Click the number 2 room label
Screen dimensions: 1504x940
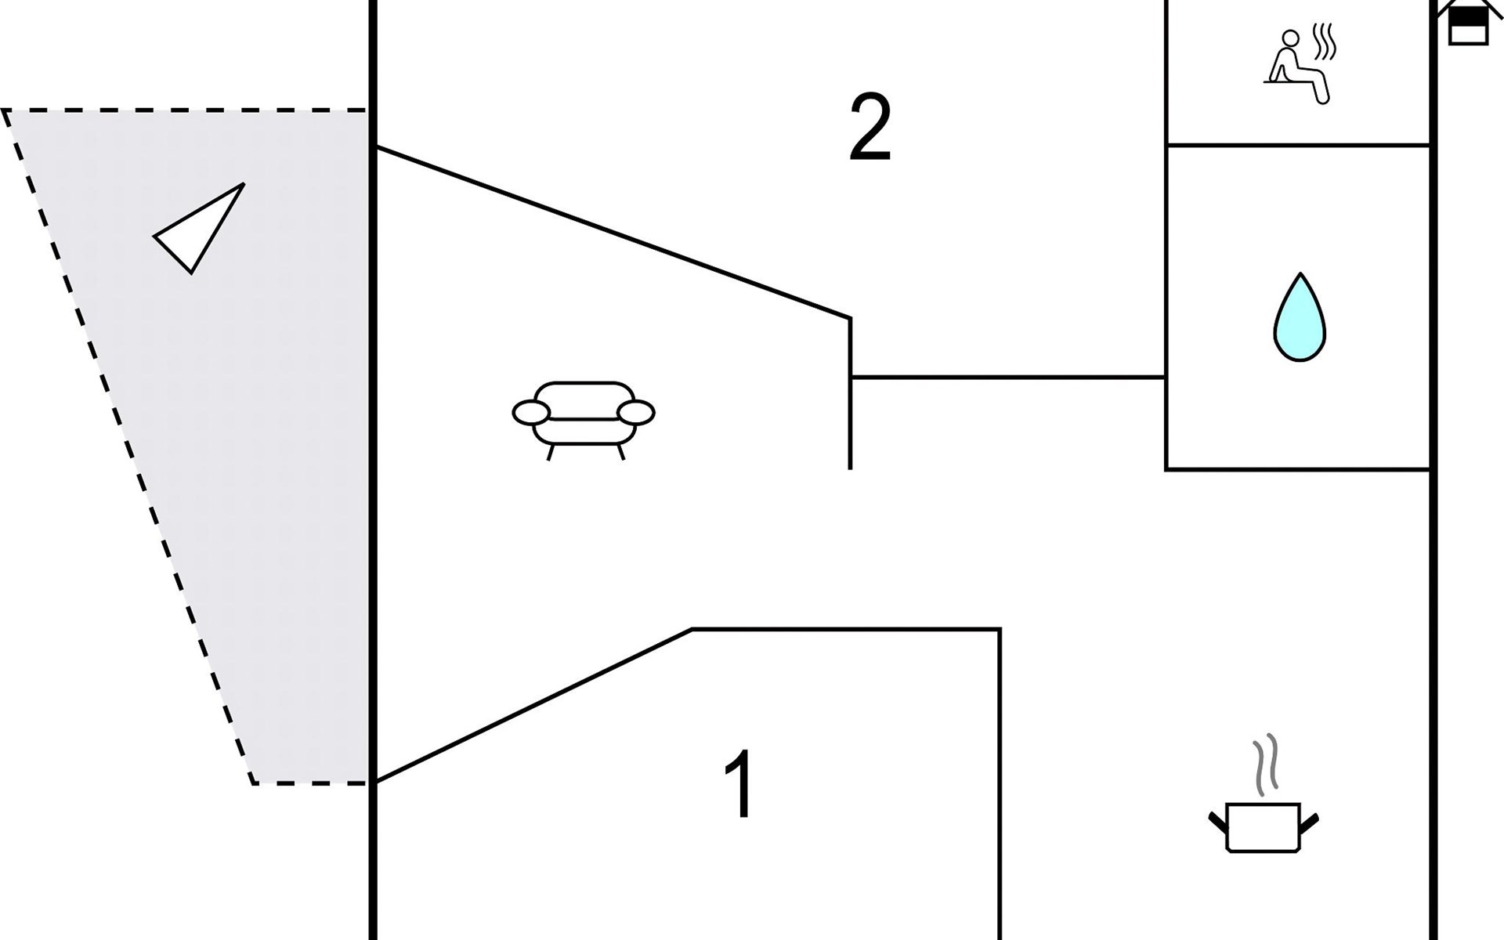pos(870,128)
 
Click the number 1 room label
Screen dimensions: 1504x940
pos(739,784)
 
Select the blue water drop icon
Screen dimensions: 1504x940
pos(1300,317)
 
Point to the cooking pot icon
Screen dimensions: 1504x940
pos(1264,827)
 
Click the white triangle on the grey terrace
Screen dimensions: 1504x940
pos(199,228)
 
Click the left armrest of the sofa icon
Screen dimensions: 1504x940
pos(531,412)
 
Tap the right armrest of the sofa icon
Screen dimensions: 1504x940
pos(636,412)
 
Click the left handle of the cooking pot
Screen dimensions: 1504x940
pos(1218,823)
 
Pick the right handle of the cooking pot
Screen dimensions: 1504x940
pos(1309,823)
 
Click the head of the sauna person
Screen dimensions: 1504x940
pos(1290,38)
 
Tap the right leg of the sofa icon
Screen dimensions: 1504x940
pos(620,452)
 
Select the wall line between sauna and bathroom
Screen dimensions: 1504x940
pos(1299,145)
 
